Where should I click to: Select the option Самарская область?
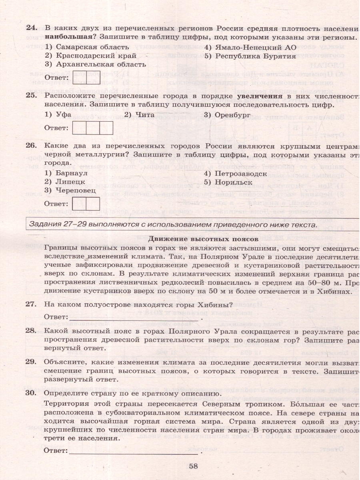(86, 47)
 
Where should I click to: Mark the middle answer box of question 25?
(93, 128)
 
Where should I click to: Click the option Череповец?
(76, 191)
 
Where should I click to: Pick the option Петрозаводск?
(240, 174)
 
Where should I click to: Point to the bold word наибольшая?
(68, 37)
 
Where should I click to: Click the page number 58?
(194, 466)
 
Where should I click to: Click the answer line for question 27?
(136, 318)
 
